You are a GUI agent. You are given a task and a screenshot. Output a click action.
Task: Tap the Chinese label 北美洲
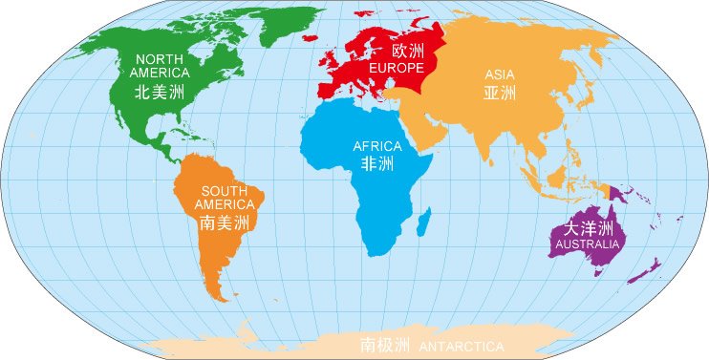160,92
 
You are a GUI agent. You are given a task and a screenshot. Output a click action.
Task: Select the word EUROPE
395,69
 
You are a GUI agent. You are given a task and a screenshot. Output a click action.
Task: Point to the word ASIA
500,74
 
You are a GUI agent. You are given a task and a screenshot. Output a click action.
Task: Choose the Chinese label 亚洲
500,94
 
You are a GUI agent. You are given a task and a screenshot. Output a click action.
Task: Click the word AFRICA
377,146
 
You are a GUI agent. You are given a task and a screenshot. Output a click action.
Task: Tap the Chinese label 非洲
376,164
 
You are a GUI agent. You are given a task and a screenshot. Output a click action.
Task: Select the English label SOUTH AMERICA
225,197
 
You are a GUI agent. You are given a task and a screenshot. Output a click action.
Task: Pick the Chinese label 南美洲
225,223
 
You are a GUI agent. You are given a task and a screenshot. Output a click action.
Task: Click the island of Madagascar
422,223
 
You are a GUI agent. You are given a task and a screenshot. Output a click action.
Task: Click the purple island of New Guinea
623,195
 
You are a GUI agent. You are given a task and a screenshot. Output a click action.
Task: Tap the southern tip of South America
223,296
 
